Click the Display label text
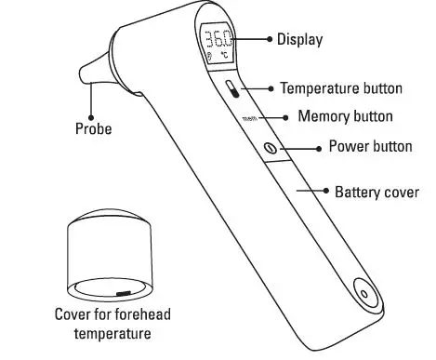(300, 40)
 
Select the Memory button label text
(345, 117)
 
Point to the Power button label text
(372, 148)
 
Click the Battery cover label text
(377, 193)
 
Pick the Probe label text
(93, 129)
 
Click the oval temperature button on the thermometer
(231, 89)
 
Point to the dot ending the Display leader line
(271, 40)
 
